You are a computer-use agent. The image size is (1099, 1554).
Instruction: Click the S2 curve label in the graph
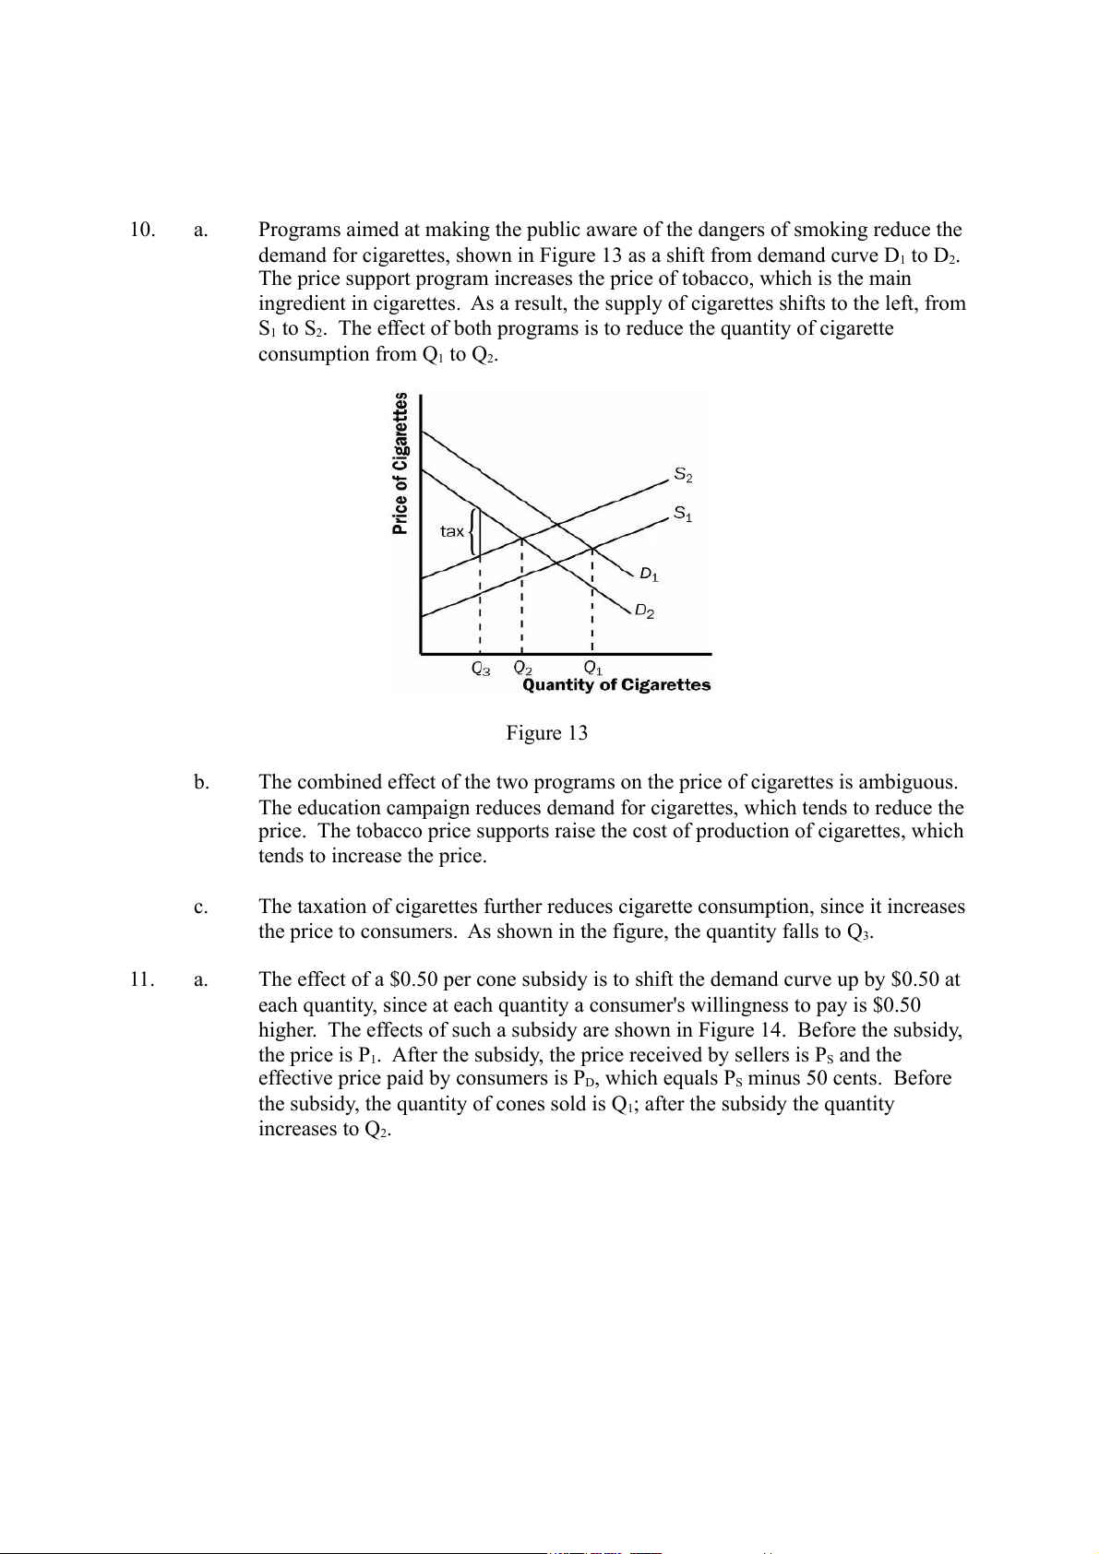pyautogui.click(x=683, y=476)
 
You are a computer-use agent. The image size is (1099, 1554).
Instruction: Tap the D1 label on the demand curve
pyautogui.click(x=650, y=575)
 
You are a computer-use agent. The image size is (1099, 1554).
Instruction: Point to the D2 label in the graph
pyautogui.click(x=644, y=611)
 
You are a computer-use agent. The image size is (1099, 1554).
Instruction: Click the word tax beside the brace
pyautogui.click(x=452, y=531)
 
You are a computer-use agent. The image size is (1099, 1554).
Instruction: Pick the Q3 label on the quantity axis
pyautogui.click(x=481, y=669)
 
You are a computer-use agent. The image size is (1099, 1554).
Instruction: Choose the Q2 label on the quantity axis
pyautogui.click(x=523, y=667)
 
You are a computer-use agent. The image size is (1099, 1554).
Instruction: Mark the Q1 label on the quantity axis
pyautogui.click(x=593, y=667)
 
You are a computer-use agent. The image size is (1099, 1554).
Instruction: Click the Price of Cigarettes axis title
pyautogui.click(x=400, y=464)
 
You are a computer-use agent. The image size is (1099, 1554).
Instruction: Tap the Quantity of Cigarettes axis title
pyautogui.click(x=616, y=685)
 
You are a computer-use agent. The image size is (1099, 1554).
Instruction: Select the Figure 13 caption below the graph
pyautogui.click(x=546, y=733)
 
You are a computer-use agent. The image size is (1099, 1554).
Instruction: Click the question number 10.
pyautogui.click(x=141, y=230)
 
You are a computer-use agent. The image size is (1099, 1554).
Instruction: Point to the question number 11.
pyautogui.click(x=141, y=979)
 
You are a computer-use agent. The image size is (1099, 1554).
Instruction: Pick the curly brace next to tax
pyautogui.click(x=474, y=532)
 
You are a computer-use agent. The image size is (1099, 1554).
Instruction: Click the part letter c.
pyautogui.click(x=200, y=907)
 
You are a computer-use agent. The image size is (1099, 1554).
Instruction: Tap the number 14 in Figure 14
pyautogui.click(x=771, y=1029)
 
